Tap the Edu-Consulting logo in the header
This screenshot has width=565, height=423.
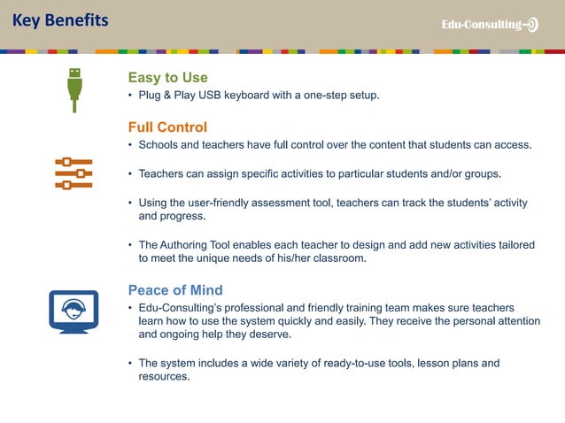pyautogui.click(x=490, y=25)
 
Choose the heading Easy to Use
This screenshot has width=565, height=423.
pyautogui.click(x=167, y=78)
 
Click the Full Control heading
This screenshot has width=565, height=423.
pyautogui.click(x=167, y=127)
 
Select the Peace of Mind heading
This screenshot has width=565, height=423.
pyautogui.click(x=175, y=290)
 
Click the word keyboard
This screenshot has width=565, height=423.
pyautogui.click(x=253, y=96)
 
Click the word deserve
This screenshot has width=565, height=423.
pyautogui.click(x=270, y=335)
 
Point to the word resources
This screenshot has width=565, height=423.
pyautogui.click(x=163, y=377)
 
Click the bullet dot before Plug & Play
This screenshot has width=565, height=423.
pyautogui.click(x=130, y=96)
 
